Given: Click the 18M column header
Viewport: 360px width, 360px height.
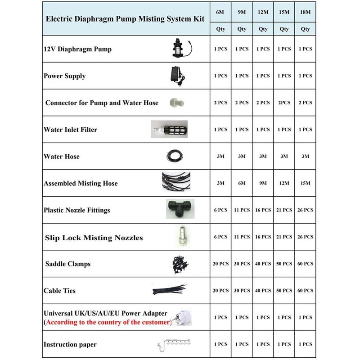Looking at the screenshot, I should (305, 12).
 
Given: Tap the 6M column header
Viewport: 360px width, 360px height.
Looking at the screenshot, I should (220, 12).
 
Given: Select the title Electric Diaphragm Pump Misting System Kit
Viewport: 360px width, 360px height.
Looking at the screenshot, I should (126, 19).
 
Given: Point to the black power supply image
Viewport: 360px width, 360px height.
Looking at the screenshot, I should (177, 75).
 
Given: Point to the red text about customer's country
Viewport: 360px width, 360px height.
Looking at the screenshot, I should (108, 323).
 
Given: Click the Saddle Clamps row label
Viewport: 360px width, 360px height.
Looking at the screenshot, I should (68, 264).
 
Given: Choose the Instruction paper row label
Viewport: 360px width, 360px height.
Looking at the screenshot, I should (70, 344).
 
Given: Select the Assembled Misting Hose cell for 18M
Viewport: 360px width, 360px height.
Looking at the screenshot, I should (305, 183).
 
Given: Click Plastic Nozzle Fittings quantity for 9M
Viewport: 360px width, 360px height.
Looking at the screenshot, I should (241, 210).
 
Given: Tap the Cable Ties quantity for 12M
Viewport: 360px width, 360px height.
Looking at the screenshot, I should (263, 291).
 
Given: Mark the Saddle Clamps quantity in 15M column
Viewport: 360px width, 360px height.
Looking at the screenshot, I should (284, 264).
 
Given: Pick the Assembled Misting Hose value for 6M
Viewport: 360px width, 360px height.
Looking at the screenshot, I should (220, 183).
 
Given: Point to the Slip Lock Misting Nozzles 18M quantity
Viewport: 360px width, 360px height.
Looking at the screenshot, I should (305, 237).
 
